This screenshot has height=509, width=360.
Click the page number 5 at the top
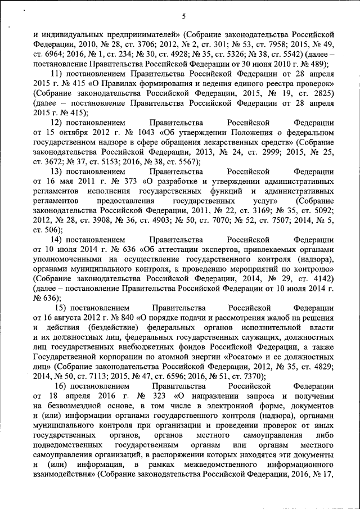pyautogui.click(x=184, y=15)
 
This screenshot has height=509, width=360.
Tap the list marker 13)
pyautogui.click(x=57, y=171)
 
